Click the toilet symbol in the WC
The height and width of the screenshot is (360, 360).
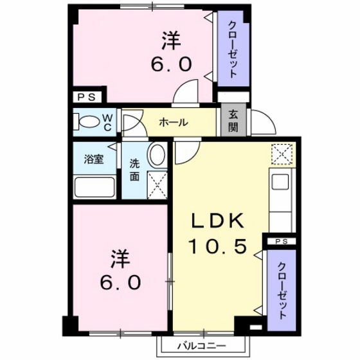(88, 122)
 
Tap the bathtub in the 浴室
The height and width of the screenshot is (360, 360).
(94, 186)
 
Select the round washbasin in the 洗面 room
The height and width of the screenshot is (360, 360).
(157, 154)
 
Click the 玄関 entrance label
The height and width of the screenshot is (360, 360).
(233, 122)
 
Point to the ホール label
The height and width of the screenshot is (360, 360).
(174, 122)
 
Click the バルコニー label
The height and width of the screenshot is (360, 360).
(202, 346)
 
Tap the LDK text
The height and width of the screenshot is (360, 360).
(218, 221)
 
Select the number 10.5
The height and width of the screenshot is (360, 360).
(217, 246)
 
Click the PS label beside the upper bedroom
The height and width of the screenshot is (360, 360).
(86, 97)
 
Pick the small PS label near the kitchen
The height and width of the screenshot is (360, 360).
(282, 242)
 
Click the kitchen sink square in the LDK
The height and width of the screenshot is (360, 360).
(280, 182)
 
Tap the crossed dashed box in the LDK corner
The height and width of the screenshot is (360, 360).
(282, 154)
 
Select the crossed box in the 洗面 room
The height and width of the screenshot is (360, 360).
(157, 185)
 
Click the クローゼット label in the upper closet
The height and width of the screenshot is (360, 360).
(233, 49)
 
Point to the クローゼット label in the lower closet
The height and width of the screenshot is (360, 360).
(282, 291)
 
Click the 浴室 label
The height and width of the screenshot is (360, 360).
(94, 159)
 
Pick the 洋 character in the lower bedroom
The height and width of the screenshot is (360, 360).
(120, 260)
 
